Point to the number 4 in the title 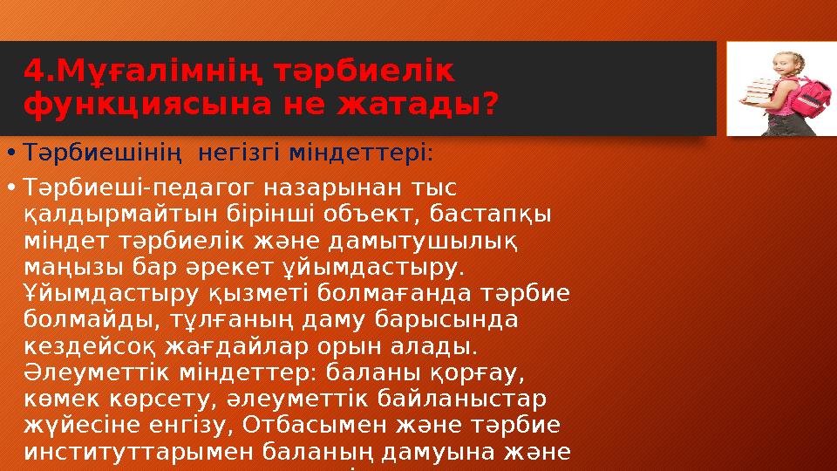coord(32,70)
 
